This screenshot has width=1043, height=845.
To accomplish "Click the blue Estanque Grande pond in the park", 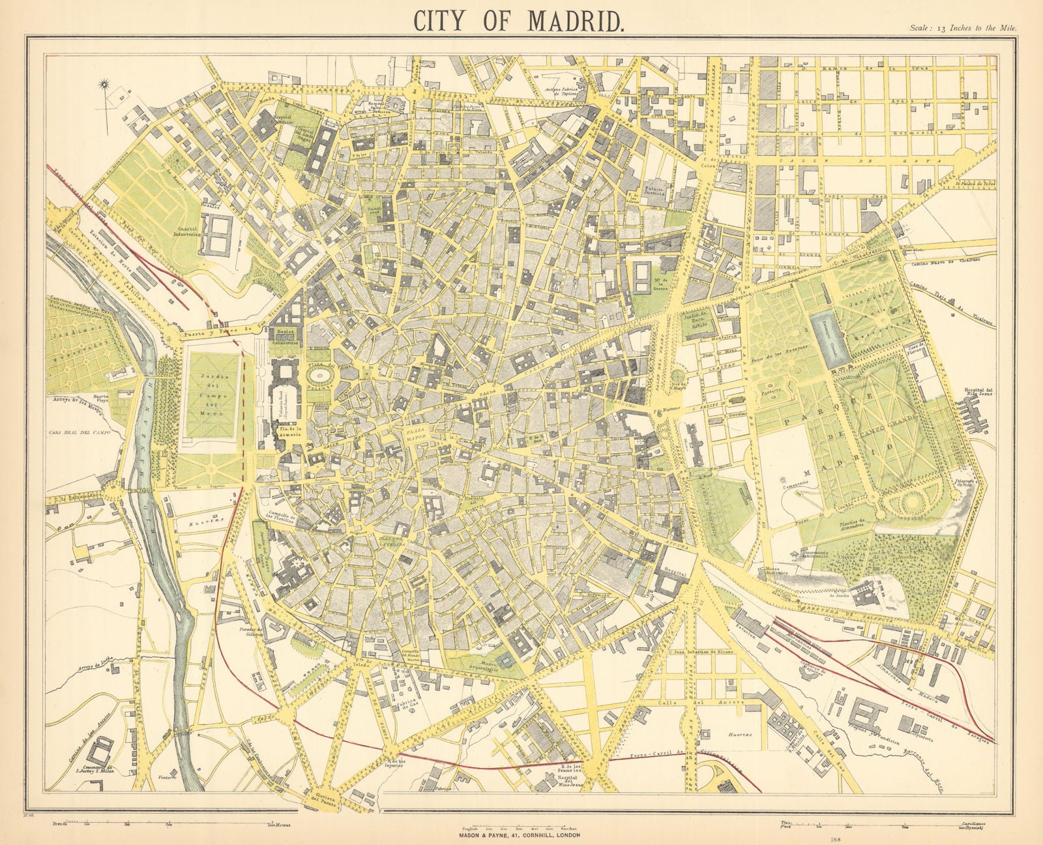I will [x=828, y=342].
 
